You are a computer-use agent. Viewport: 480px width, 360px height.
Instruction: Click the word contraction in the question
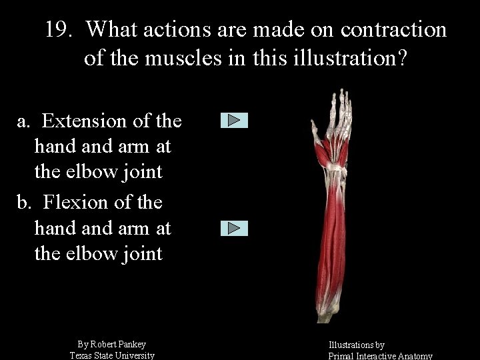point(393,30)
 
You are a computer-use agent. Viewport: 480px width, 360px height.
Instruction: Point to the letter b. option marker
point(25,202)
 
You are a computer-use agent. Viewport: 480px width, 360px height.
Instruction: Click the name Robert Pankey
point(118,344)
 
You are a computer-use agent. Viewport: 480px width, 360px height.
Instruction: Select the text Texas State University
point(112,355)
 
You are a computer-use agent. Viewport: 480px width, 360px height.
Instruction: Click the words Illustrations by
point(356,345)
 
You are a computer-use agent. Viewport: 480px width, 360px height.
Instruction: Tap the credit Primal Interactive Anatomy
point(381,356)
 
